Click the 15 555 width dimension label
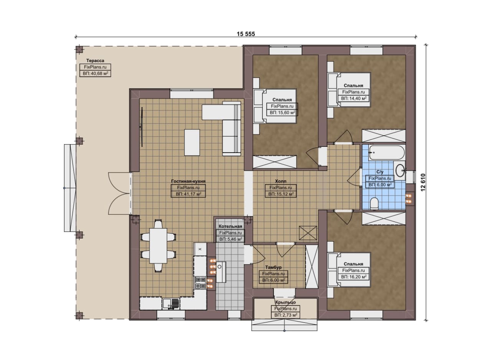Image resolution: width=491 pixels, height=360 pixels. (x=246, y=34)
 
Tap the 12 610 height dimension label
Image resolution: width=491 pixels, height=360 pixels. (x=423, y=182)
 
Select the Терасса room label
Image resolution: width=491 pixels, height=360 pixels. (x=95, y=61)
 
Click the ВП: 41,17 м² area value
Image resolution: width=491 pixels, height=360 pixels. (x=188, y=194)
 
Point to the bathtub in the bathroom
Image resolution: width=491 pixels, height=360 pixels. (x=387, y=153)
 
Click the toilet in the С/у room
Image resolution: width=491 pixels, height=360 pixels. (x=374, y=203)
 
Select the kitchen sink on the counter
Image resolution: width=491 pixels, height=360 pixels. (x=171, y=304)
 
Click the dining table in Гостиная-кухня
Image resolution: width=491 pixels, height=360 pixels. (x=158, y=246)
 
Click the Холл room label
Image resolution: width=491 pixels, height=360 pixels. (x=281, y=181)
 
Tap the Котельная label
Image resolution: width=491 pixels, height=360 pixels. (x=231, y=226)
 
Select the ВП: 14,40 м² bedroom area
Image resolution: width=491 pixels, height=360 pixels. (x=354, y=99)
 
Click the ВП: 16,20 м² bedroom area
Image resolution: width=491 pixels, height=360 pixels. (x=354, y=277)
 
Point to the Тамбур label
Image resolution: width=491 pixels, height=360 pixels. (x=274, y=267)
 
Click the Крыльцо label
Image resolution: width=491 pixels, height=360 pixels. (x=286, y=302)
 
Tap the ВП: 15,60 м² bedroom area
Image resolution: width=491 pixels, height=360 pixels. (x=282, y=113)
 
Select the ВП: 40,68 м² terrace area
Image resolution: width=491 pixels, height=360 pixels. (x=95, y=73)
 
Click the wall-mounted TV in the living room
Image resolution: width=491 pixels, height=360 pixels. (x=142, y=127)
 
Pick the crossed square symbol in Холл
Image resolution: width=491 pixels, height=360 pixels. (x=308, y=233)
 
